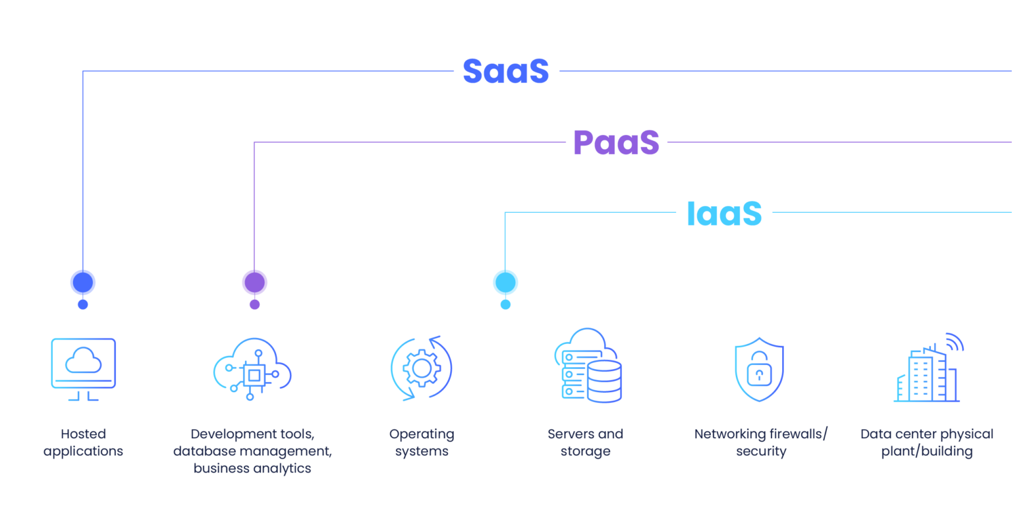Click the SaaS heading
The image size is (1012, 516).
[505, 71]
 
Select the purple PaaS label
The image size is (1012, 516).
[616, 142]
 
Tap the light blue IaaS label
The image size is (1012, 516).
[724, 214]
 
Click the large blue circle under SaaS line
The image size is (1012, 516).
[83, 283]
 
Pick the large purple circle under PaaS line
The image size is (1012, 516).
[254, 283]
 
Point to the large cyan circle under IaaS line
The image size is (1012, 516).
[505, 283]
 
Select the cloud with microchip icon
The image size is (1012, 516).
[252, 370]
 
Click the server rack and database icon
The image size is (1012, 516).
[587, 366]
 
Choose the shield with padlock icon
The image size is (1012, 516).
[759, 370]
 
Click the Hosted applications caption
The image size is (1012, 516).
[84, 443]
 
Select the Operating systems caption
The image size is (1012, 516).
[422, 443]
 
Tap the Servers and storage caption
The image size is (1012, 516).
[586, 443]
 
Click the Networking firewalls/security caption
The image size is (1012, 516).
[761, 443]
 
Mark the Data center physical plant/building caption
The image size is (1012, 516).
[927, 443]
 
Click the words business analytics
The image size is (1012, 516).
[252, 469]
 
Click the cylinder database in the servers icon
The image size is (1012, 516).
[604, 382]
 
